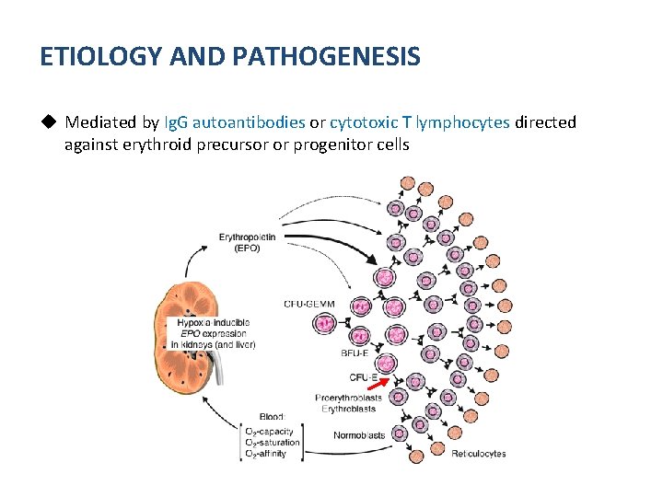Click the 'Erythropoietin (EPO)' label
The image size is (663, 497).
[x=247, y=242]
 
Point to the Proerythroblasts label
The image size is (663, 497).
[x=348, y=398]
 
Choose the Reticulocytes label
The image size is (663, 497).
[x=478, y=454]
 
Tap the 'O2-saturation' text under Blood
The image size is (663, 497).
[x=273, y=443]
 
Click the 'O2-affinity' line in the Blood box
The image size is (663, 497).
[x=266, y=454]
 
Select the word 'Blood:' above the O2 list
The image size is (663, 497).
[x=260, y=417]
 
